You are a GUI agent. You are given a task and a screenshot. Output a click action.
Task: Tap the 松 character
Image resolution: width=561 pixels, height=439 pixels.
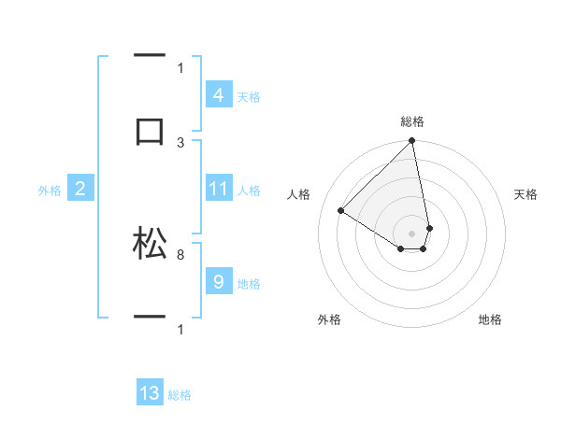point(150,244)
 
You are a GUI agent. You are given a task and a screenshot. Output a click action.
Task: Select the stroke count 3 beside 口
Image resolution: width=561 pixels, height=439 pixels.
point(180,142)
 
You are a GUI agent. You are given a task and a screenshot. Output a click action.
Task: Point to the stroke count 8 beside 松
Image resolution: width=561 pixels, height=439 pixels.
point(180,253)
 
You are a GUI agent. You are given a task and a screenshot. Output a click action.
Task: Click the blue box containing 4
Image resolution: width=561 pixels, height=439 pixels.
point(218,95)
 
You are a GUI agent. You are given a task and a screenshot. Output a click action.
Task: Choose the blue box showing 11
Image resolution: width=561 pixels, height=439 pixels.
point(218,190)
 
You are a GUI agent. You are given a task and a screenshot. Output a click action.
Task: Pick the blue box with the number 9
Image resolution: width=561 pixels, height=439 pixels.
point(218,282)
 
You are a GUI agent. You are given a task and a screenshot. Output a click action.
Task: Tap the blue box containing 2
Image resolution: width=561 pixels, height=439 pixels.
point(79,190)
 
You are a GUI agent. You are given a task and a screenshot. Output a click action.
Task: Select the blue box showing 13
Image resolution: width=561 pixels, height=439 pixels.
point(150,393)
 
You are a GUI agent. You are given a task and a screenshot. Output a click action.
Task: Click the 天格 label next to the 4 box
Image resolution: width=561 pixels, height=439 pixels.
point(249,97)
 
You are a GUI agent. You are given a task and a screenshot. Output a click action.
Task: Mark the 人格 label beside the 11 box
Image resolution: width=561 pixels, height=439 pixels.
point(249,191)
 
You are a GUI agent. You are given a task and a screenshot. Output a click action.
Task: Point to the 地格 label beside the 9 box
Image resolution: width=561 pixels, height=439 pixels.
point(249,284)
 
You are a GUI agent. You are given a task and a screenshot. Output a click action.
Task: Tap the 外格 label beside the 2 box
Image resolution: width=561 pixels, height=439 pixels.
point(50,191)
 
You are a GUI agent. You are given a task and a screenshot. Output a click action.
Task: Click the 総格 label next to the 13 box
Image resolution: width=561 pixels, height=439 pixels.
point(180,395)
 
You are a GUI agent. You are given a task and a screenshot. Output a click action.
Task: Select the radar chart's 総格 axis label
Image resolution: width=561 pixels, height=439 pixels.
point(412,121)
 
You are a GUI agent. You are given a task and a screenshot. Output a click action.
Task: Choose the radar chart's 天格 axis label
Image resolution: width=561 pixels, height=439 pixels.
point(526,194)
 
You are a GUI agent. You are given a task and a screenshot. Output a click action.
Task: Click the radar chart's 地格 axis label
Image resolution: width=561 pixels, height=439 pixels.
point(490,320)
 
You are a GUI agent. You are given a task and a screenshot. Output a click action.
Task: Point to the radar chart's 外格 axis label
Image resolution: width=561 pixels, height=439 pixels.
point(329,320)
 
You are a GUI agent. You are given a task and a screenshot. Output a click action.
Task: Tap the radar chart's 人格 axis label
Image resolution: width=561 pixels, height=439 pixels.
point(298,194)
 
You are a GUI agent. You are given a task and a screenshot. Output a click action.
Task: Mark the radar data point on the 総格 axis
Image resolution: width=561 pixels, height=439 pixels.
point(411,142)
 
